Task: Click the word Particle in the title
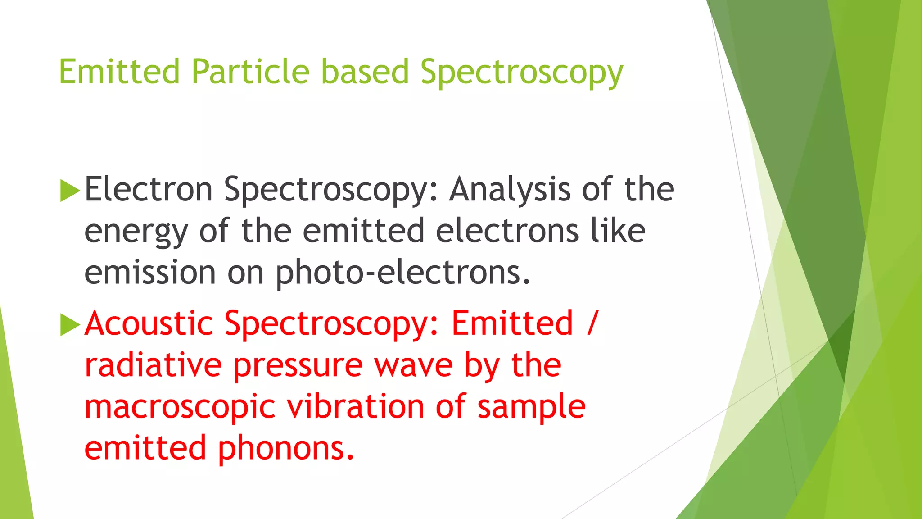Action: click(250, 72)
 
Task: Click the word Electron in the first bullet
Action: click(149, 189)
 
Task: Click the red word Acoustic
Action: click(149, 323)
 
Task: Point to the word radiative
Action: click(153, 365)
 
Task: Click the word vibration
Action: click(355, 407)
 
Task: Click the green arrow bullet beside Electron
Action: click(69, 191)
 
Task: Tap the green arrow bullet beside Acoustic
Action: click(69, 325)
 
